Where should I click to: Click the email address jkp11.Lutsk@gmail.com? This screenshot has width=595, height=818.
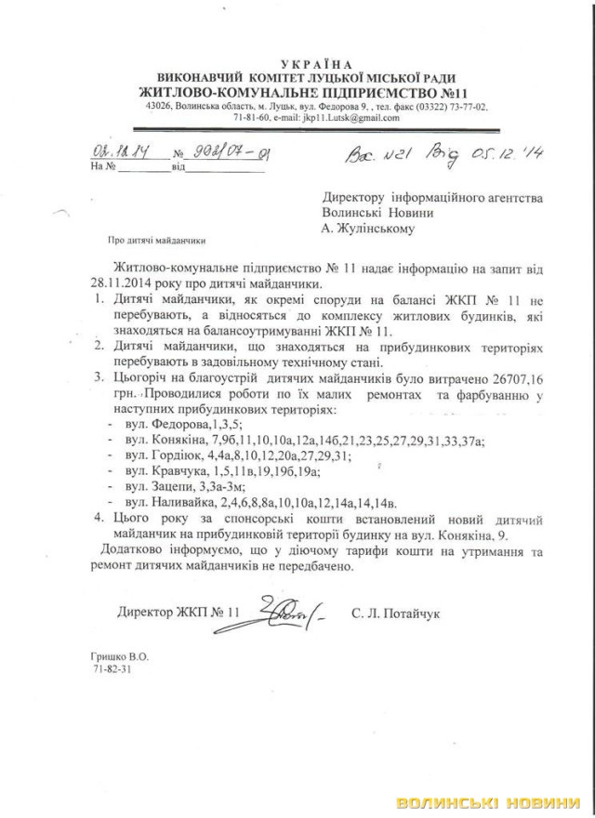[354, 119]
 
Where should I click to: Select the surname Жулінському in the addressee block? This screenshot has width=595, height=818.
[372, 226]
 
